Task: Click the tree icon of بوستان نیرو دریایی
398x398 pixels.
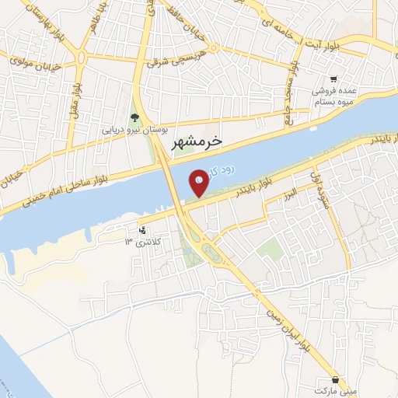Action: (x=135, y=117)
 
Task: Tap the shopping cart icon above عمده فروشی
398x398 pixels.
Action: (x=333, y=79)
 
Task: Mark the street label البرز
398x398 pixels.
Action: (x=289, y=190)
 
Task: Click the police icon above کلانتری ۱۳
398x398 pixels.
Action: (x=141, y=230)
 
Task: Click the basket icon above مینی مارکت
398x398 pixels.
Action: (x=335, y=380)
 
